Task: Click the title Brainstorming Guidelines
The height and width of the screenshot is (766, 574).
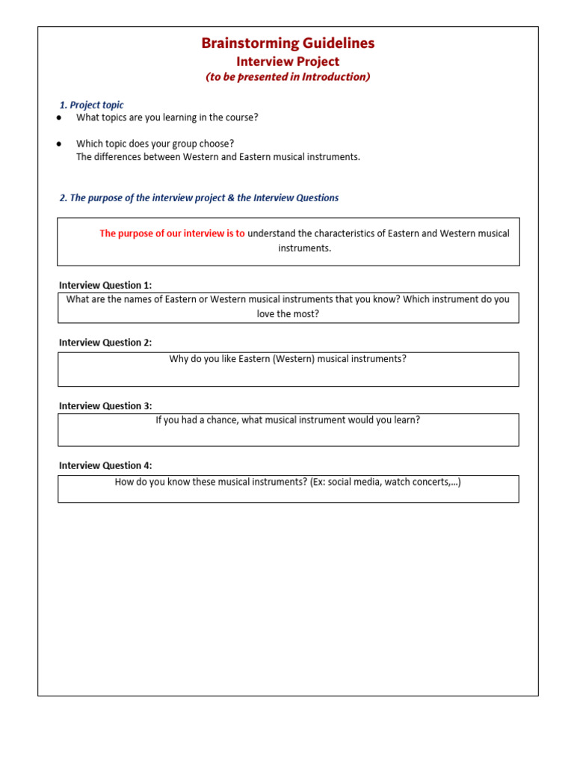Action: coord(288,43)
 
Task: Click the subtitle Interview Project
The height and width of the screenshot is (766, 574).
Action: coord(288,61)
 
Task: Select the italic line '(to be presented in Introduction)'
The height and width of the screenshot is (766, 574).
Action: coord(288,77)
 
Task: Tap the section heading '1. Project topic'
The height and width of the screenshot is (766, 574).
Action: coord(91,105)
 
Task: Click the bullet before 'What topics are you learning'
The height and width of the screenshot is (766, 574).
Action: coord(59,118)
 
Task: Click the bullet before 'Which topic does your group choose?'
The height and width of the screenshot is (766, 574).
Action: coord(59,144)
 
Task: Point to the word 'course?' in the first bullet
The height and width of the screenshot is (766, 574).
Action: coord(241,117)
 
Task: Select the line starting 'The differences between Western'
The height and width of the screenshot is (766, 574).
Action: coord(217,157)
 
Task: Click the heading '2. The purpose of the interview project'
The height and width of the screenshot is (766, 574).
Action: coord(199,198)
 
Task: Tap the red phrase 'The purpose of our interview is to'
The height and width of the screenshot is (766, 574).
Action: coord(172,233)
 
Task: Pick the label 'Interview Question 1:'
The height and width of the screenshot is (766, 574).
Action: coord(105,285)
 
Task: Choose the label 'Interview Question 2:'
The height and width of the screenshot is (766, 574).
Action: coord(105,343)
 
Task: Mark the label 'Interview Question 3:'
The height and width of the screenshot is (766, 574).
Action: coord(105,406)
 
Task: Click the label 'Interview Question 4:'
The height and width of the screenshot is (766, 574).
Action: coord(105,465)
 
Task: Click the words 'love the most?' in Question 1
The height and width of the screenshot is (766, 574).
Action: coord(288,314)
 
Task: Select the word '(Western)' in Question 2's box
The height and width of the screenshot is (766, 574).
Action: coord(293,359)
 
